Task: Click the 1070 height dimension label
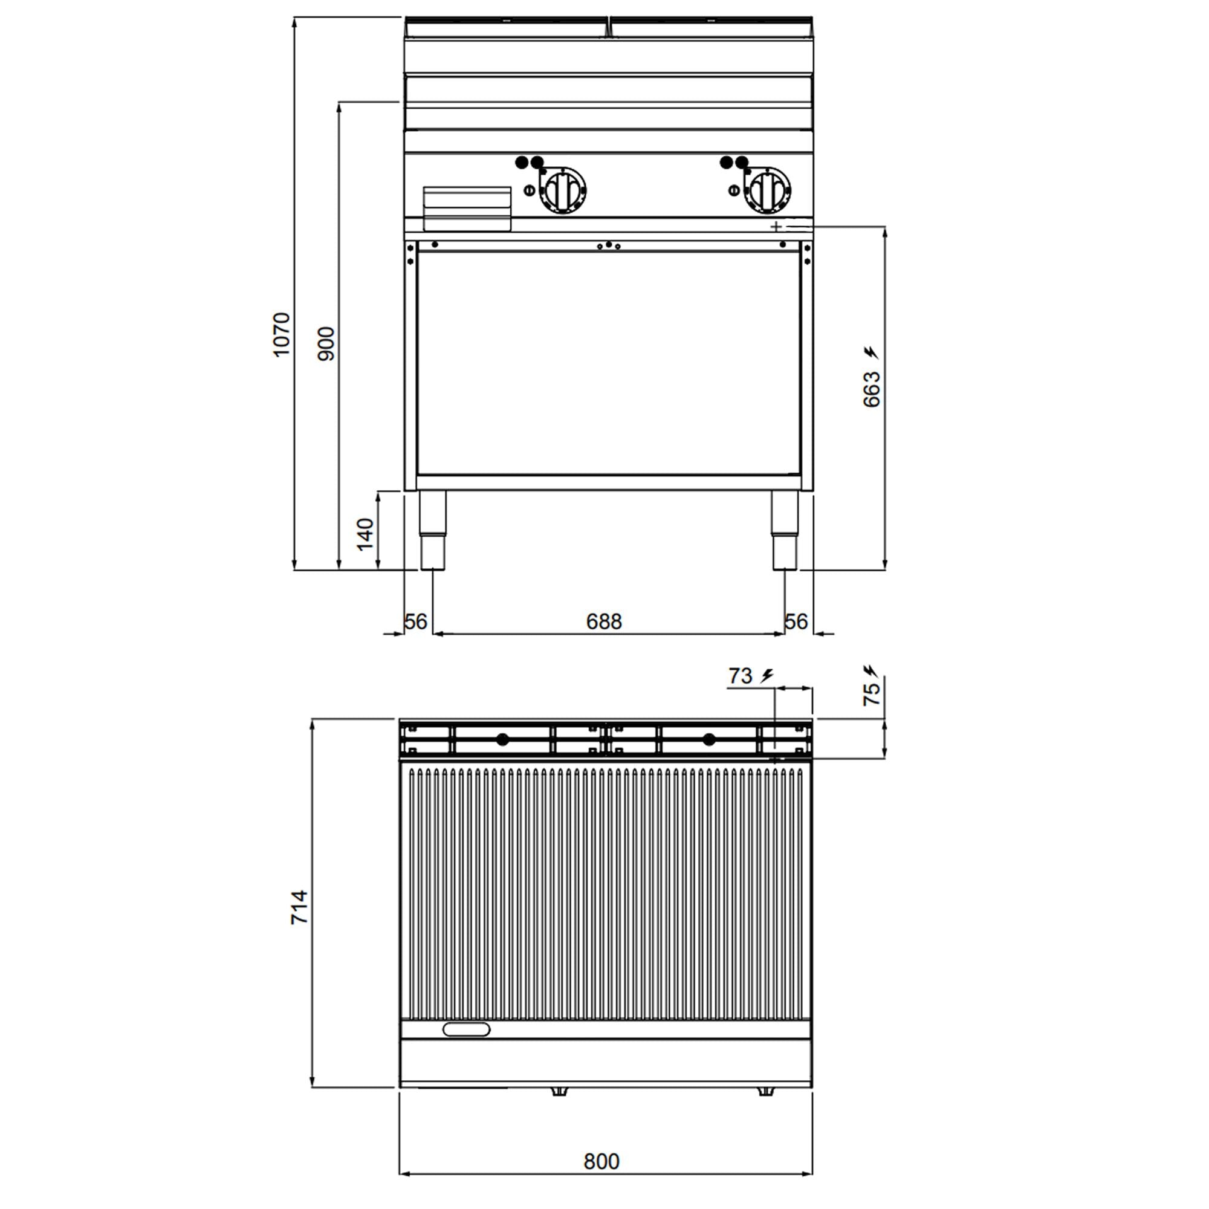pyautogui.click(x=282, y=335)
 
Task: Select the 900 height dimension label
pyautogui.click(x=326, y=343)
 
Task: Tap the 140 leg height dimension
pyautogui.click(x=365, y=534)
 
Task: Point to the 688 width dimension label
pyautogui.click(x=604, y=621)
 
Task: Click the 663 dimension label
pyautogui.click(x=871, y=389)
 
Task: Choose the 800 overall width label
pyautogui.click(x=601, y=1161)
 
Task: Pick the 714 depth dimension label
pyautogui.click(x=300, y=907)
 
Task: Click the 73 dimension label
pyautogui.click(x=741, y=676)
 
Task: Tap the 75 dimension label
pyautogui.click(x=871, y=695)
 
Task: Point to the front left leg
pyautogui.click(x=432, y=530)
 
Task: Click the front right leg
pyautogui.click(x=785, y=530)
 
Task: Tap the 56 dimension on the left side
pyautogui.click(x=415, y=621)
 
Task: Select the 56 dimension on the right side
pyautogui.click(x=796, y=621)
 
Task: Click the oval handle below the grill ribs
pyautogui.click(x=466, y=1029)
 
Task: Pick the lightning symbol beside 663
pyautogui.click(x=871, y=353)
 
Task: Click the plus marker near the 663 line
pyautogui.click(x=776, y=227)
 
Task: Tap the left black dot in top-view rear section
pyautogui.click(x=502, y=740)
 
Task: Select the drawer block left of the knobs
pyautogui.click(x=467, y=209)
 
